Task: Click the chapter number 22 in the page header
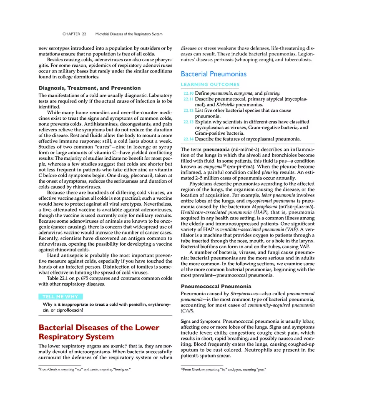(x=84, y=34)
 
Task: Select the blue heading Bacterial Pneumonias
(x=213, y=74)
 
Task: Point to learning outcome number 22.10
(x=189, y=93)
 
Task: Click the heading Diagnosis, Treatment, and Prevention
(x=89, y=88)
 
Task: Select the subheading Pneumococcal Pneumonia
(x=216, y=287)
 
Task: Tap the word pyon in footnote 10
(x=238, y=370)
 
